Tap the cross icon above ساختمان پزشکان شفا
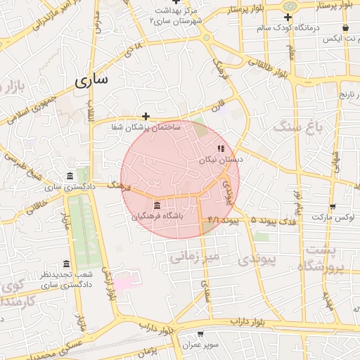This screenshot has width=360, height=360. [146, 116]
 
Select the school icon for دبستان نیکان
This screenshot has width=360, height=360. [221, 148]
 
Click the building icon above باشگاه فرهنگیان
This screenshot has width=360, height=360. [156, 205]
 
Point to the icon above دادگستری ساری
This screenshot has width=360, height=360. [69, 176]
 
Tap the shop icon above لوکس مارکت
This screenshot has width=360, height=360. [333, 207]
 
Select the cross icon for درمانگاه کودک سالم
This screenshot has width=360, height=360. [288, 16]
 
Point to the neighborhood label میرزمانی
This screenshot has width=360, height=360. [195, 255]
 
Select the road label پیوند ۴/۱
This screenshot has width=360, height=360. [224, 221]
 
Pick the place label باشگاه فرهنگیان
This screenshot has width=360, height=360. [157, 217]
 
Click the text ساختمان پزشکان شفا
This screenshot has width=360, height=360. [146, 127]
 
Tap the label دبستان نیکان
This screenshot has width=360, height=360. [226, 160]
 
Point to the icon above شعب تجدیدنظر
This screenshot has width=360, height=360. [67, 264]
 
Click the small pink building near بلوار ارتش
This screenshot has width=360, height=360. [124, 283]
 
